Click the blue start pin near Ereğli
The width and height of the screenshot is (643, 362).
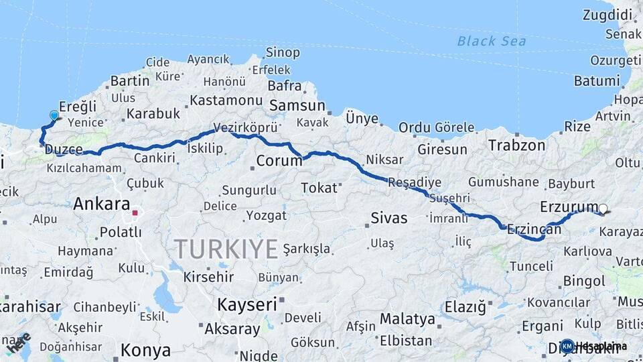(54, 115)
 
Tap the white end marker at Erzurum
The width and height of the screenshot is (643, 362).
(603, 209)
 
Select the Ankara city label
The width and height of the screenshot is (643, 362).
(102, 203)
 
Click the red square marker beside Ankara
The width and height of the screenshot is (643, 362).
(135, 213)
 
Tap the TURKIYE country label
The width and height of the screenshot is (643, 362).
(226, 249)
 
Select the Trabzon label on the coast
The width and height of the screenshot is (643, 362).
(516, 145)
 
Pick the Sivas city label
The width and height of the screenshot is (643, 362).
(388, 218)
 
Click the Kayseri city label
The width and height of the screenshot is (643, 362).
(246, 304)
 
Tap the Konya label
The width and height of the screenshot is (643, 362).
(145, 350)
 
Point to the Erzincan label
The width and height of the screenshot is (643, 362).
(534, 229)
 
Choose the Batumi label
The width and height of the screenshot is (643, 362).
(597, 81)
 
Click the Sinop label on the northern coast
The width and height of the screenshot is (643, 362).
(283, 52)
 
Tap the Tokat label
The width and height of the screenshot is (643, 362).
(319, 188)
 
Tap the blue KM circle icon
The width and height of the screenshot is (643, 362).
(567, 346)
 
